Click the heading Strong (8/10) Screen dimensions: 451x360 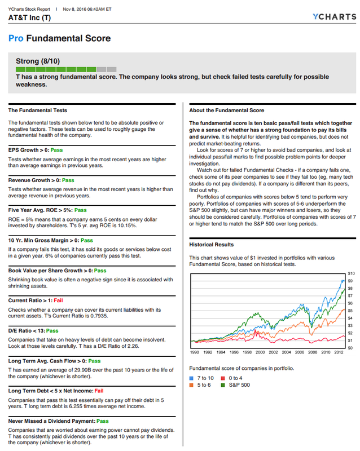(x=38, y=61)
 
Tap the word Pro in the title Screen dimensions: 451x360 (x=15, y=38)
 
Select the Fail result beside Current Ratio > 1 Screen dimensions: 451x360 (x=58, y=300)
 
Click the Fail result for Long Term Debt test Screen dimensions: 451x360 (x=99, y=391)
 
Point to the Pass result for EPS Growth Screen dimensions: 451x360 (x=57, y=151)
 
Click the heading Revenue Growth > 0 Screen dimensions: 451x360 (x=34, y=180)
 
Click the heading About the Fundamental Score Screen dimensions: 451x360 (x=227, y=110)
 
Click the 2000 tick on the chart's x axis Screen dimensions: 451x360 (x=260, y=352)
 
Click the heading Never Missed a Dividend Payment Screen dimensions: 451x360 (x=51, y=421)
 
